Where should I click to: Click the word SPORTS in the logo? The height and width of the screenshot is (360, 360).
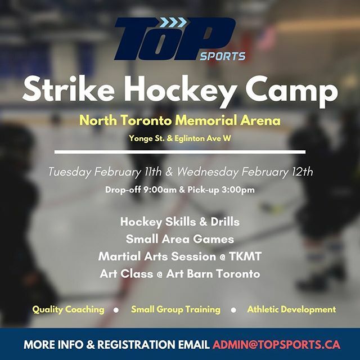pyautogui.click(x=223, y=56)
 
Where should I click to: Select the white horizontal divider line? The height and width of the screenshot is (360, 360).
pyautogui.click(x=180, y=152)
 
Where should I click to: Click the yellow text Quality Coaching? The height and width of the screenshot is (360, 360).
pyautogui.click(x=68, y=309)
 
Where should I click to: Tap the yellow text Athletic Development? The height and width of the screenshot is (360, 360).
pyautogui.click(x=291, y=309)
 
